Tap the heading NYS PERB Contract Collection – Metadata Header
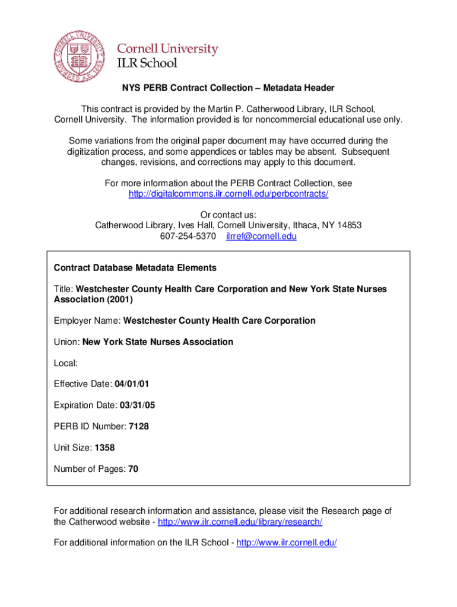coord(228,88)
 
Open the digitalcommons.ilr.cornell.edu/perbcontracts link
coord(228,194)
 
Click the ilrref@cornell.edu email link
coord(261,237)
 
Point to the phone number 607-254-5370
coord(188,237)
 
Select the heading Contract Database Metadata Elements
coord(135,268)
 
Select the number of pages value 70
coord(133,469)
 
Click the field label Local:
coord(66,363)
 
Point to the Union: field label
coord(67,342)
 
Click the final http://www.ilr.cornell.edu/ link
coord(286,543)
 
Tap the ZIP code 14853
coord(349,226)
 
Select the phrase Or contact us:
coord(228,215)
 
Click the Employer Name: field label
coord(87,321)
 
